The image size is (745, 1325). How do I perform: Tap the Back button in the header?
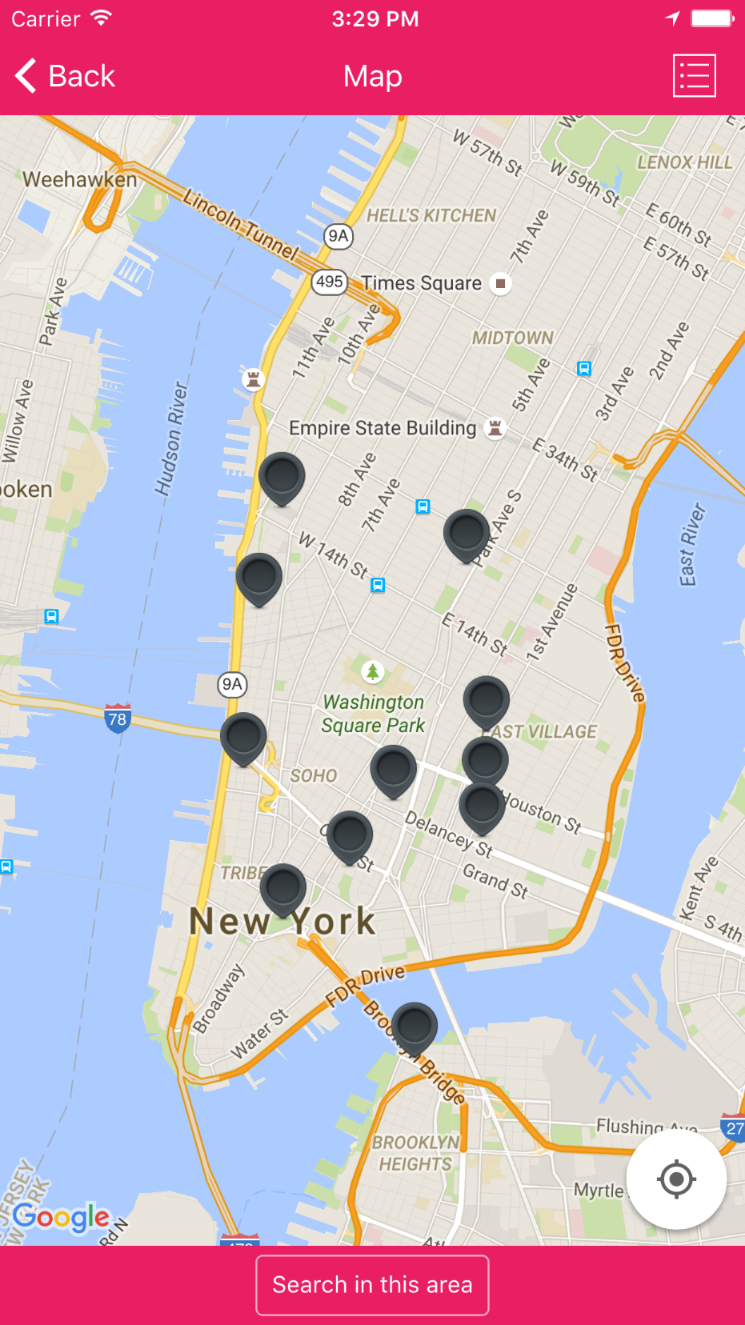66,77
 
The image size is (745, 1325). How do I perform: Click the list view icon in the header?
694,77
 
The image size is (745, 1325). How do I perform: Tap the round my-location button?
676,1179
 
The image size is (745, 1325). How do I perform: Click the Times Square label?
422,283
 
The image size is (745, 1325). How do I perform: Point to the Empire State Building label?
383,429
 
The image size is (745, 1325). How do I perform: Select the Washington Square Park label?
373,714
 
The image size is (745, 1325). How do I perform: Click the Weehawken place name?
79,179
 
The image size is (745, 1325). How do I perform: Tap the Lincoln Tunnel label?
239,222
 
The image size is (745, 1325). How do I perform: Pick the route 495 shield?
329,282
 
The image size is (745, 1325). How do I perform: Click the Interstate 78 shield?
117,719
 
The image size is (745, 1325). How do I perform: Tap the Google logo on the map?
61,1217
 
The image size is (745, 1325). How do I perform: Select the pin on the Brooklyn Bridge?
415,1027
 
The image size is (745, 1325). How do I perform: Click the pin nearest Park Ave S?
467,533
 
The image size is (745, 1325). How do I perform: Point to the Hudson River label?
170,439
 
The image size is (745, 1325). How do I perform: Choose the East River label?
692,544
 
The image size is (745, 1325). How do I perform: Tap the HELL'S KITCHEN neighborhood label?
431,215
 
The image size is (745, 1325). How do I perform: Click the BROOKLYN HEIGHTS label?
415,1153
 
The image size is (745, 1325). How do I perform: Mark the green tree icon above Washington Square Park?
372,671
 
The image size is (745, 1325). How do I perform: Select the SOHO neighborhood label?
313,775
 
